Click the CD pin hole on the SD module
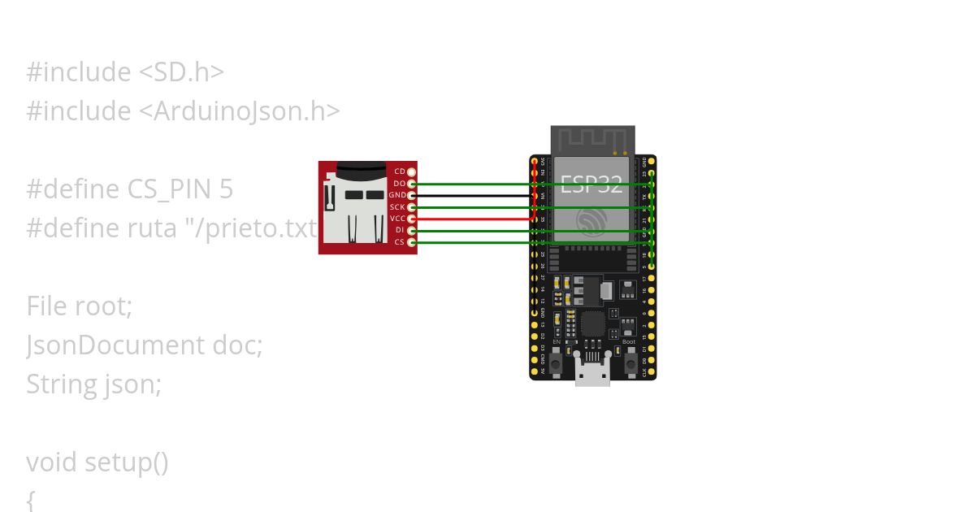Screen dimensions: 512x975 [412, 172]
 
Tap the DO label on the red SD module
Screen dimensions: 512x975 [399, 184]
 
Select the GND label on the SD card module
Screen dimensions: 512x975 [396, 195]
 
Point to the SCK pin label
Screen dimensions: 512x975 [397, 207]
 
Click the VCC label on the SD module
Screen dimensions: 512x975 [397, 219]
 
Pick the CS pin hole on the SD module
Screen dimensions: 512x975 [412, 242]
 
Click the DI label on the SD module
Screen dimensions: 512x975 [399, 231]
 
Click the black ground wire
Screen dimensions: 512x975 [471, 196]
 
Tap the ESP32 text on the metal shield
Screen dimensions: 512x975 [591, 184]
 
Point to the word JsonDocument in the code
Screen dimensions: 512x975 [115, 345]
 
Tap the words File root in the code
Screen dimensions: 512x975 [78, 306]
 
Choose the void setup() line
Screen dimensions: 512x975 [97, 462]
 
